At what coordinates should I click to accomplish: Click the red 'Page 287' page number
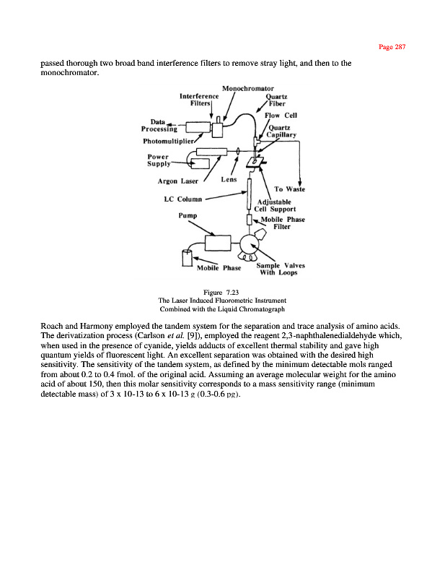click(x=392, y=47)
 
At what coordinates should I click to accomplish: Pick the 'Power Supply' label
click(x=159, y=160)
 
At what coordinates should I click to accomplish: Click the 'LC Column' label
click(x=180, y=199)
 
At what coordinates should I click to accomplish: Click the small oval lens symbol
click(x=237, y=152)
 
